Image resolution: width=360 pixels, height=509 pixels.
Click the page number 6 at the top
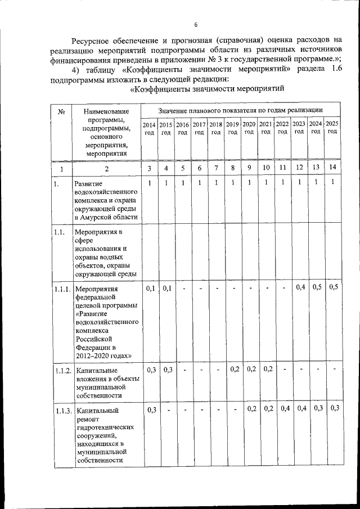tap(196, 25)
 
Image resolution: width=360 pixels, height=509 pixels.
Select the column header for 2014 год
tap(149, 128)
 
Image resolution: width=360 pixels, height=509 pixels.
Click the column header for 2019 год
tap(233, 128)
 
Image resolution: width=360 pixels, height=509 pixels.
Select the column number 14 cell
tap(333, 167)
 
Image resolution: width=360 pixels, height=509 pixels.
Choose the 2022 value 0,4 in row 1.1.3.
tap(283, 408)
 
